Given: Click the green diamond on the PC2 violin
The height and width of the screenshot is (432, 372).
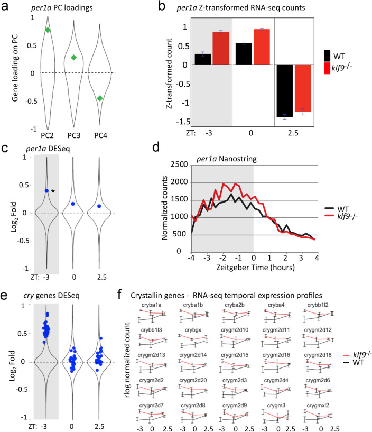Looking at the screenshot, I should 48,30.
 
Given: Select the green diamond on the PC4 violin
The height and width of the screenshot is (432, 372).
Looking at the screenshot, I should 99,98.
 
